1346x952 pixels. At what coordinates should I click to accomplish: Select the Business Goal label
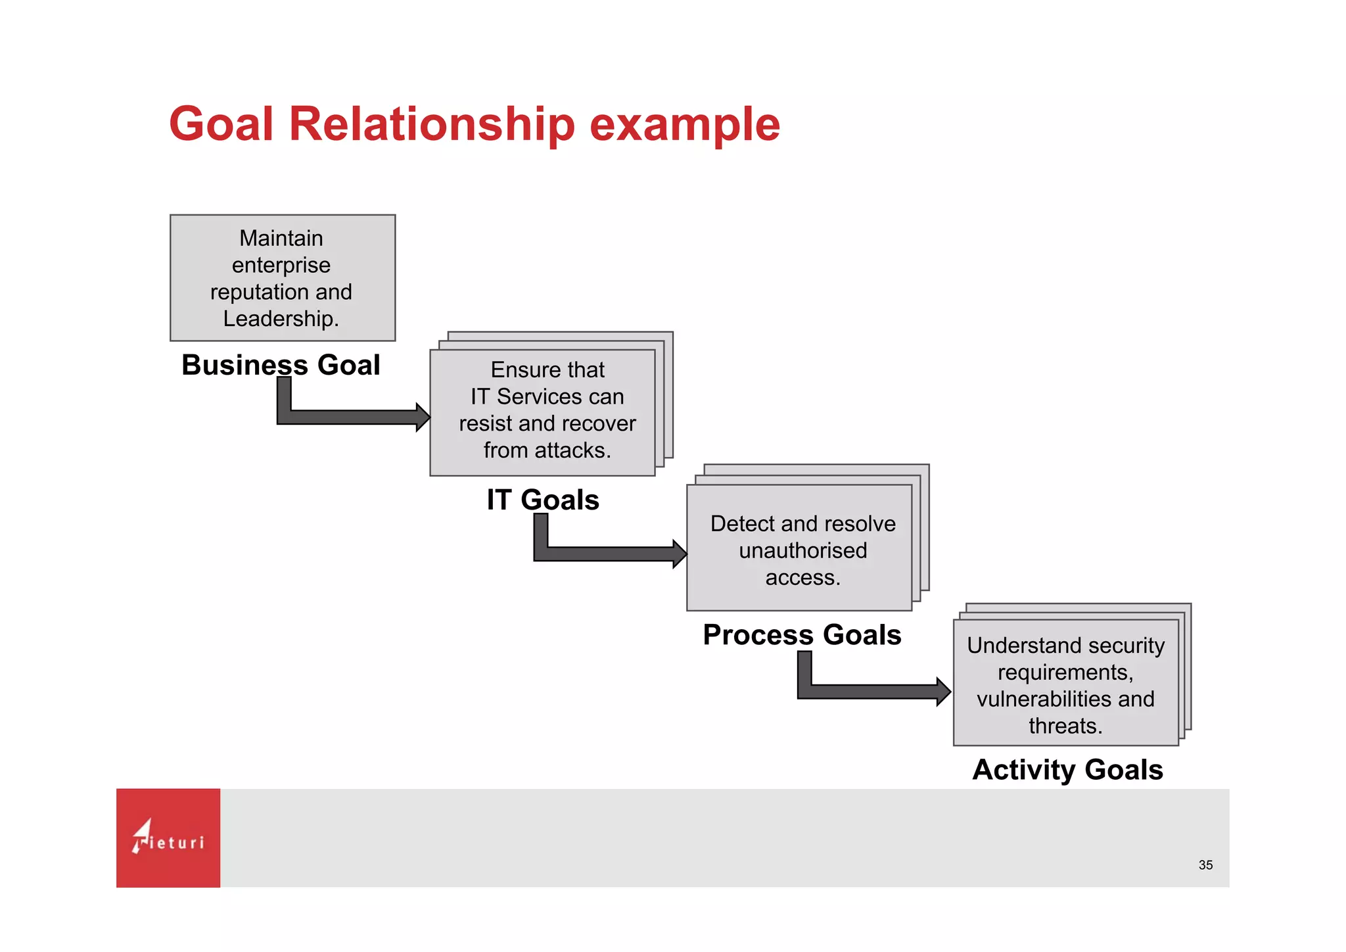click(x=281, y=365)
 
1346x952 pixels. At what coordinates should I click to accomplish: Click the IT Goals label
click(x=543, y=500)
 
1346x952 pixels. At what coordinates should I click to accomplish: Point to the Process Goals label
click(x=802, y=635)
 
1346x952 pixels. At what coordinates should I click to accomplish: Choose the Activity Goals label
click(x=1067, y=770)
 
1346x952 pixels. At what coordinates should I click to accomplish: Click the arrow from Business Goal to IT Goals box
click(x=355, y=417)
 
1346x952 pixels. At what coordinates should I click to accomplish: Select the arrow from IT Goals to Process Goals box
click(x=611, y=554)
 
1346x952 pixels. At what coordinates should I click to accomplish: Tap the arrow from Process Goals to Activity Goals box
click(x=874, y=692)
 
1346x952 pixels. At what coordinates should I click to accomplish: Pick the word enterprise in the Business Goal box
click(x=281, y=265)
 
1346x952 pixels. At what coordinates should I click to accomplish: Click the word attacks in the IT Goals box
click(x=571, y=450)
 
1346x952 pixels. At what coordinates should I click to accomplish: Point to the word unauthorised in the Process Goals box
click(x=802, y=550)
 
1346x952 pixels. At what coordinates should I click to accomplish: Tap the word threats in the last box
click(x=1065, y=726)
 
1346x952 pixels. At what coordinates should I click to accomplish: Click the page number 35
click(x=1205, y=865)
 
